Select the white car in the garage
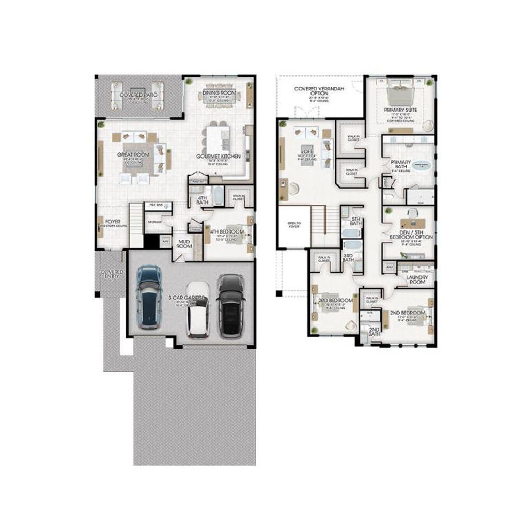(x=197, y=309)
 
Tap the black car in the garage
(x=230, y=305)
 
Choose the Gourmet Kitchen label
(x=219, y=155)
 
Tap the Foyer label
(x=113, y=222)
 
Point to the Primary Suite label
(x=400, y=110)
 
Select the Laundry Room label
(x=416, y=279)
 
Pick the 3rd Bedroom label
(x=335, y=300)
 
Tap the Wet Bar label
(x=156, y=205)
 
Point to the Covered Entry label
(x=112, y=274)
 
